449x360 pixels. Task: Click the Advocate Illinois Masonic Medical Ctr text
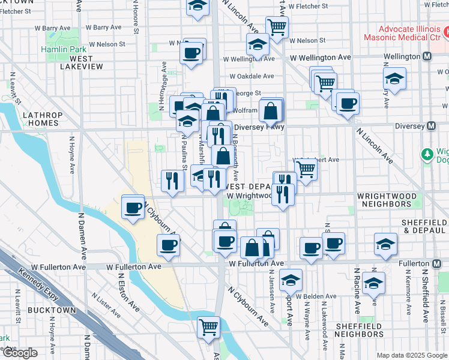pos(410,33)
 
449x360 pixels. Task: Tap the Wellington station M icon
pos(427,56)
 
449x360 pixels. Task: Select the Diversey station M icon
pos(431,126)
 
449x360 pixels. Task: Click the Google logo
pos(19,353)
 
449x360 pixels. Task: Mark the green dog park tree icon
pos(427,154)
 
